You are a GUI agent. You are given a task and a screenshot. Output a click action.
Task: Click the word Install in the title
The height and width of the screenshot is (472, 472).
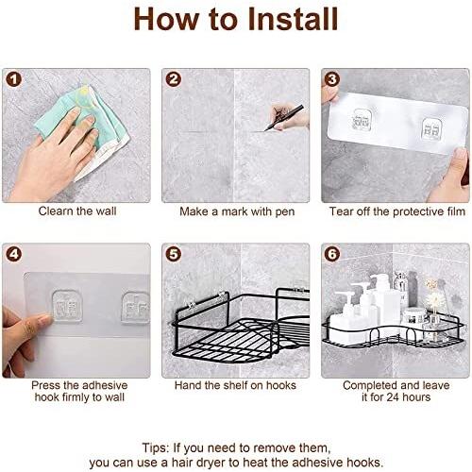[293, 19]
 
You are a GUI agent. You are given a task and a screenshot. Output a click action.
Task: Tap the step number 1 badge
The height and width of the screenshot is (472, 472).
[14, 79]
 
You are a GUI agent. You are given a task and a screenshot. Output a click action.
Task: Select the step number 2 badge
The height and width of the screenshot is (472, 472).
[174, 79]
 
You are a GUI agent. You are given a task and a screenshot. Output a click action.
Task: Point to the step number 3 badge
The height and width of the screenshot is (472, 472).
[332, 79]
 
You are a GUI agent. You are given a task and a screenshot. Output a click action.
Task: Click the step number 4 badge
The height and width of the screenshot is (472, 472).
[14, 254]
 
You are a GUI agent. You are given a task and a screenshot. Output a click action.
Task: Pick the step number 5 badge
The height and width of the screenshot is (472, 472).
[174, 254]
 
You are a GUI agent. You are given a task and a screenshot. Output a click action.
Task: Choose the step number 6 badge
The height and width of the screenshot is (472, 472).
[332, 254]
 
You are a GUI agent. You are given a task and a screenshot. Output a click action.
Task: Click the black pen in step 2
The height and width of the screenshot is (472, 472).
[284, 118]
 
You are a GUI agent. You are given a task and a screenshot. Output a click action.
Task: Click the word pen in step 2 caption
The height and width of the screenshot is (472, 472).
[285, 212]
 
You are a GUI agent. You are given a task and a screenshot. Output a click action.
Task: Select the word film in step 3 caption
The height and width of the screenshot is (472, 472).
[456, 211]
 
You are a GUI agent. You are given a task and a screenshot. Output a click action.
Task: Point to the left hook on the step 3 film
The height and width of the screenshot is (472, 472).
[361, 120]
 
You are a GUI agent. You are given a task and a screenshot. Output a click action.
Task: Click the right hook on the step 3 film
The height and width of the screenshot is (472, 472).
[431, 129]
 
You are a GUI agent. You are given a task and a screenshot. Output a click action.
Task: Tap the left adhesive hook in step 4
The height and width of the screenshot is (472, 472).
[67, 307]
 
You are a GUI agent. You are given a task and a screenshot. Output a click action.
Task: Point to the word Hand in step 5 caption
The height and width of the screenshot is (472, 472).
[188, 385]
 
